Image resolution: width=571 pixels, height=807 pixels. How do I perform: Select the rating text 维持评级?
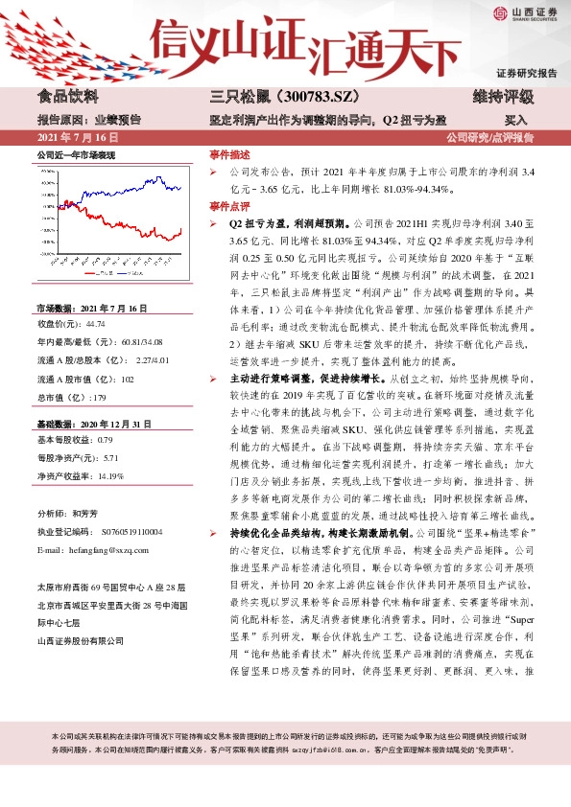tap(503, 97)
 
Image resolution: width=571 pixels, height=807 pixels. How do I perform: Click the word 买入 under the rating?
tap(515, 121)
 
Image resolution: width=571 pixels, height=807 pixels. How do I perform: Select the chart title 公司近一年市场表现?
tap(76, 154)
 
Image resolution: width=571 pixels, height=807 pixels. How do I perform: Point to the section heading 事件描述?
tap(229, 154)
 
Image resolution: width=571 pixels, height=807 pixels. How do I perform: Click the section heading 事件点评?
tap(229, 206)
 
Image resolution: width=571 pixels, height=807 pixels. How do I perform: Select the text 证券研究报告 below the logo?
tap(526, 74)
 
